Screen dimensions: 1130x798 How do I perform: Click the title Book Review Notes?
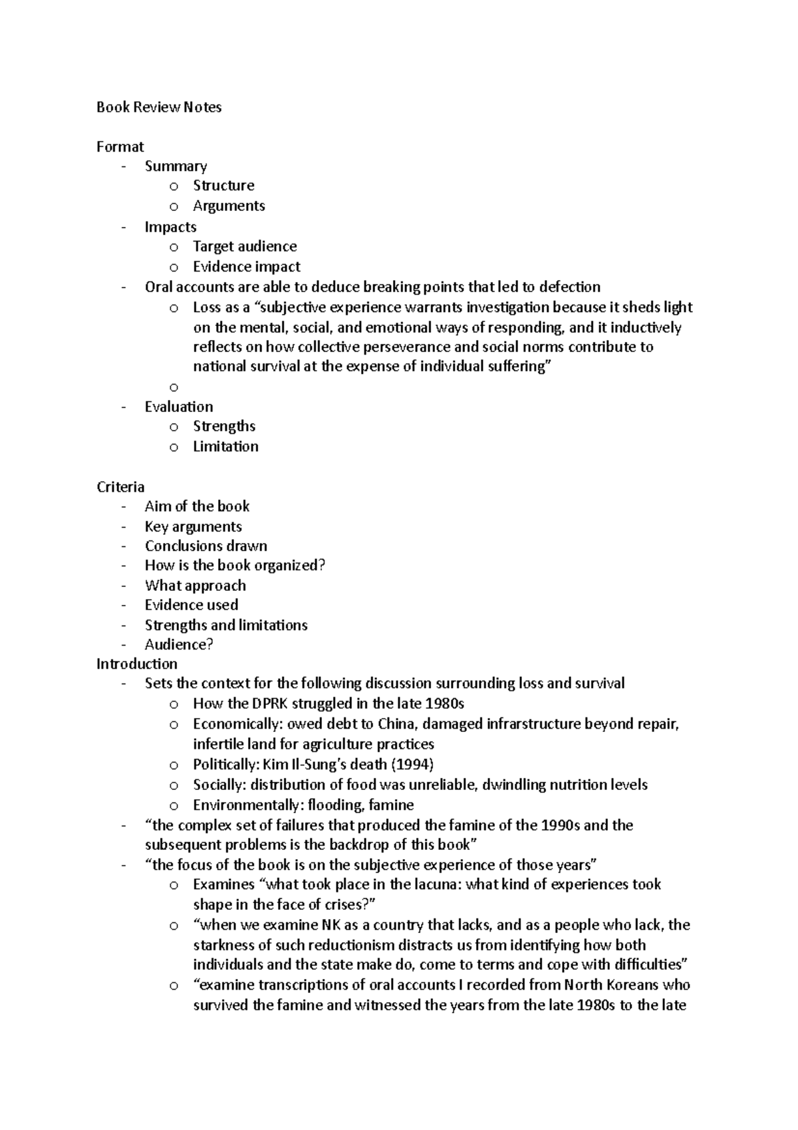158,107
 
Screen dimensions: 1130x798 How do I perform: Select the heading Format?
120,146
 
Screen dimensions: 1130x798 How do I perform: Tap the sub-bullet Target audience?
245,246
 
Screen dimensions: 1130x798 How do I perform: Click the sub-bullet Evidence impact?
246,267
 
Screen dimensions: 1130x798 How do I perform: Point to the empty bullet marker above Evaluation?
174,387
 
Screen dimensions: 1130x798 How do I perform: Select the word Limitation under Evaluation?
225,447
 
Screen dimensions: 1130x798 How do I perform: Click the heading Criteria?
120,487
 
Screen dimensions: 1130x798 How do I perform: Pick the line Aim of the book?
197,506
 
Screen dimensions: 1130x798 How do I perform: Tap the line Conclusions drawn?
206,546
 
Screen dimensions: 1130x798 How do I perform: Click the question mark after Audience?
209,644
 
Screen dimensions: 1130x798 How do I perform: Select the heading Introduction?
136,664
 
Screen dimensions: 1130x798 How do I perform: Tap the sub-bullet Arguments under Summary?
229,206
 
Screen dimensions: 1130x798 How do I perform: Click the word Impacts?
170,227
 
